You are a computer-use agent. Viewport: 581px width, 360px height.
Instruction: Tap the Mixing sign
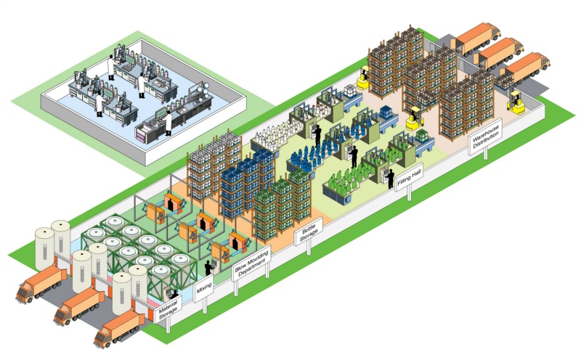204,292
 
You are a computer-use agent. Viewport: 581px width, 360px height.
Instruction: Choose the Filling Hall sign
405,177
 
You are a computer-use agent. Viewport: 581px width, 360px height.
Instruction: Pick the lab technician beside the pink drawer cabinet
168,121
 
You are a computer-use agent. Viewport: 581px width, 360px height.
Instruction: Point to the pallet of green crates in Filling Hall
420,139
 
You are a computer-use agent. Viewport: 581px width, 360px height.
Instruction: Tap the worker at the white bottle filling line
316,133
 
